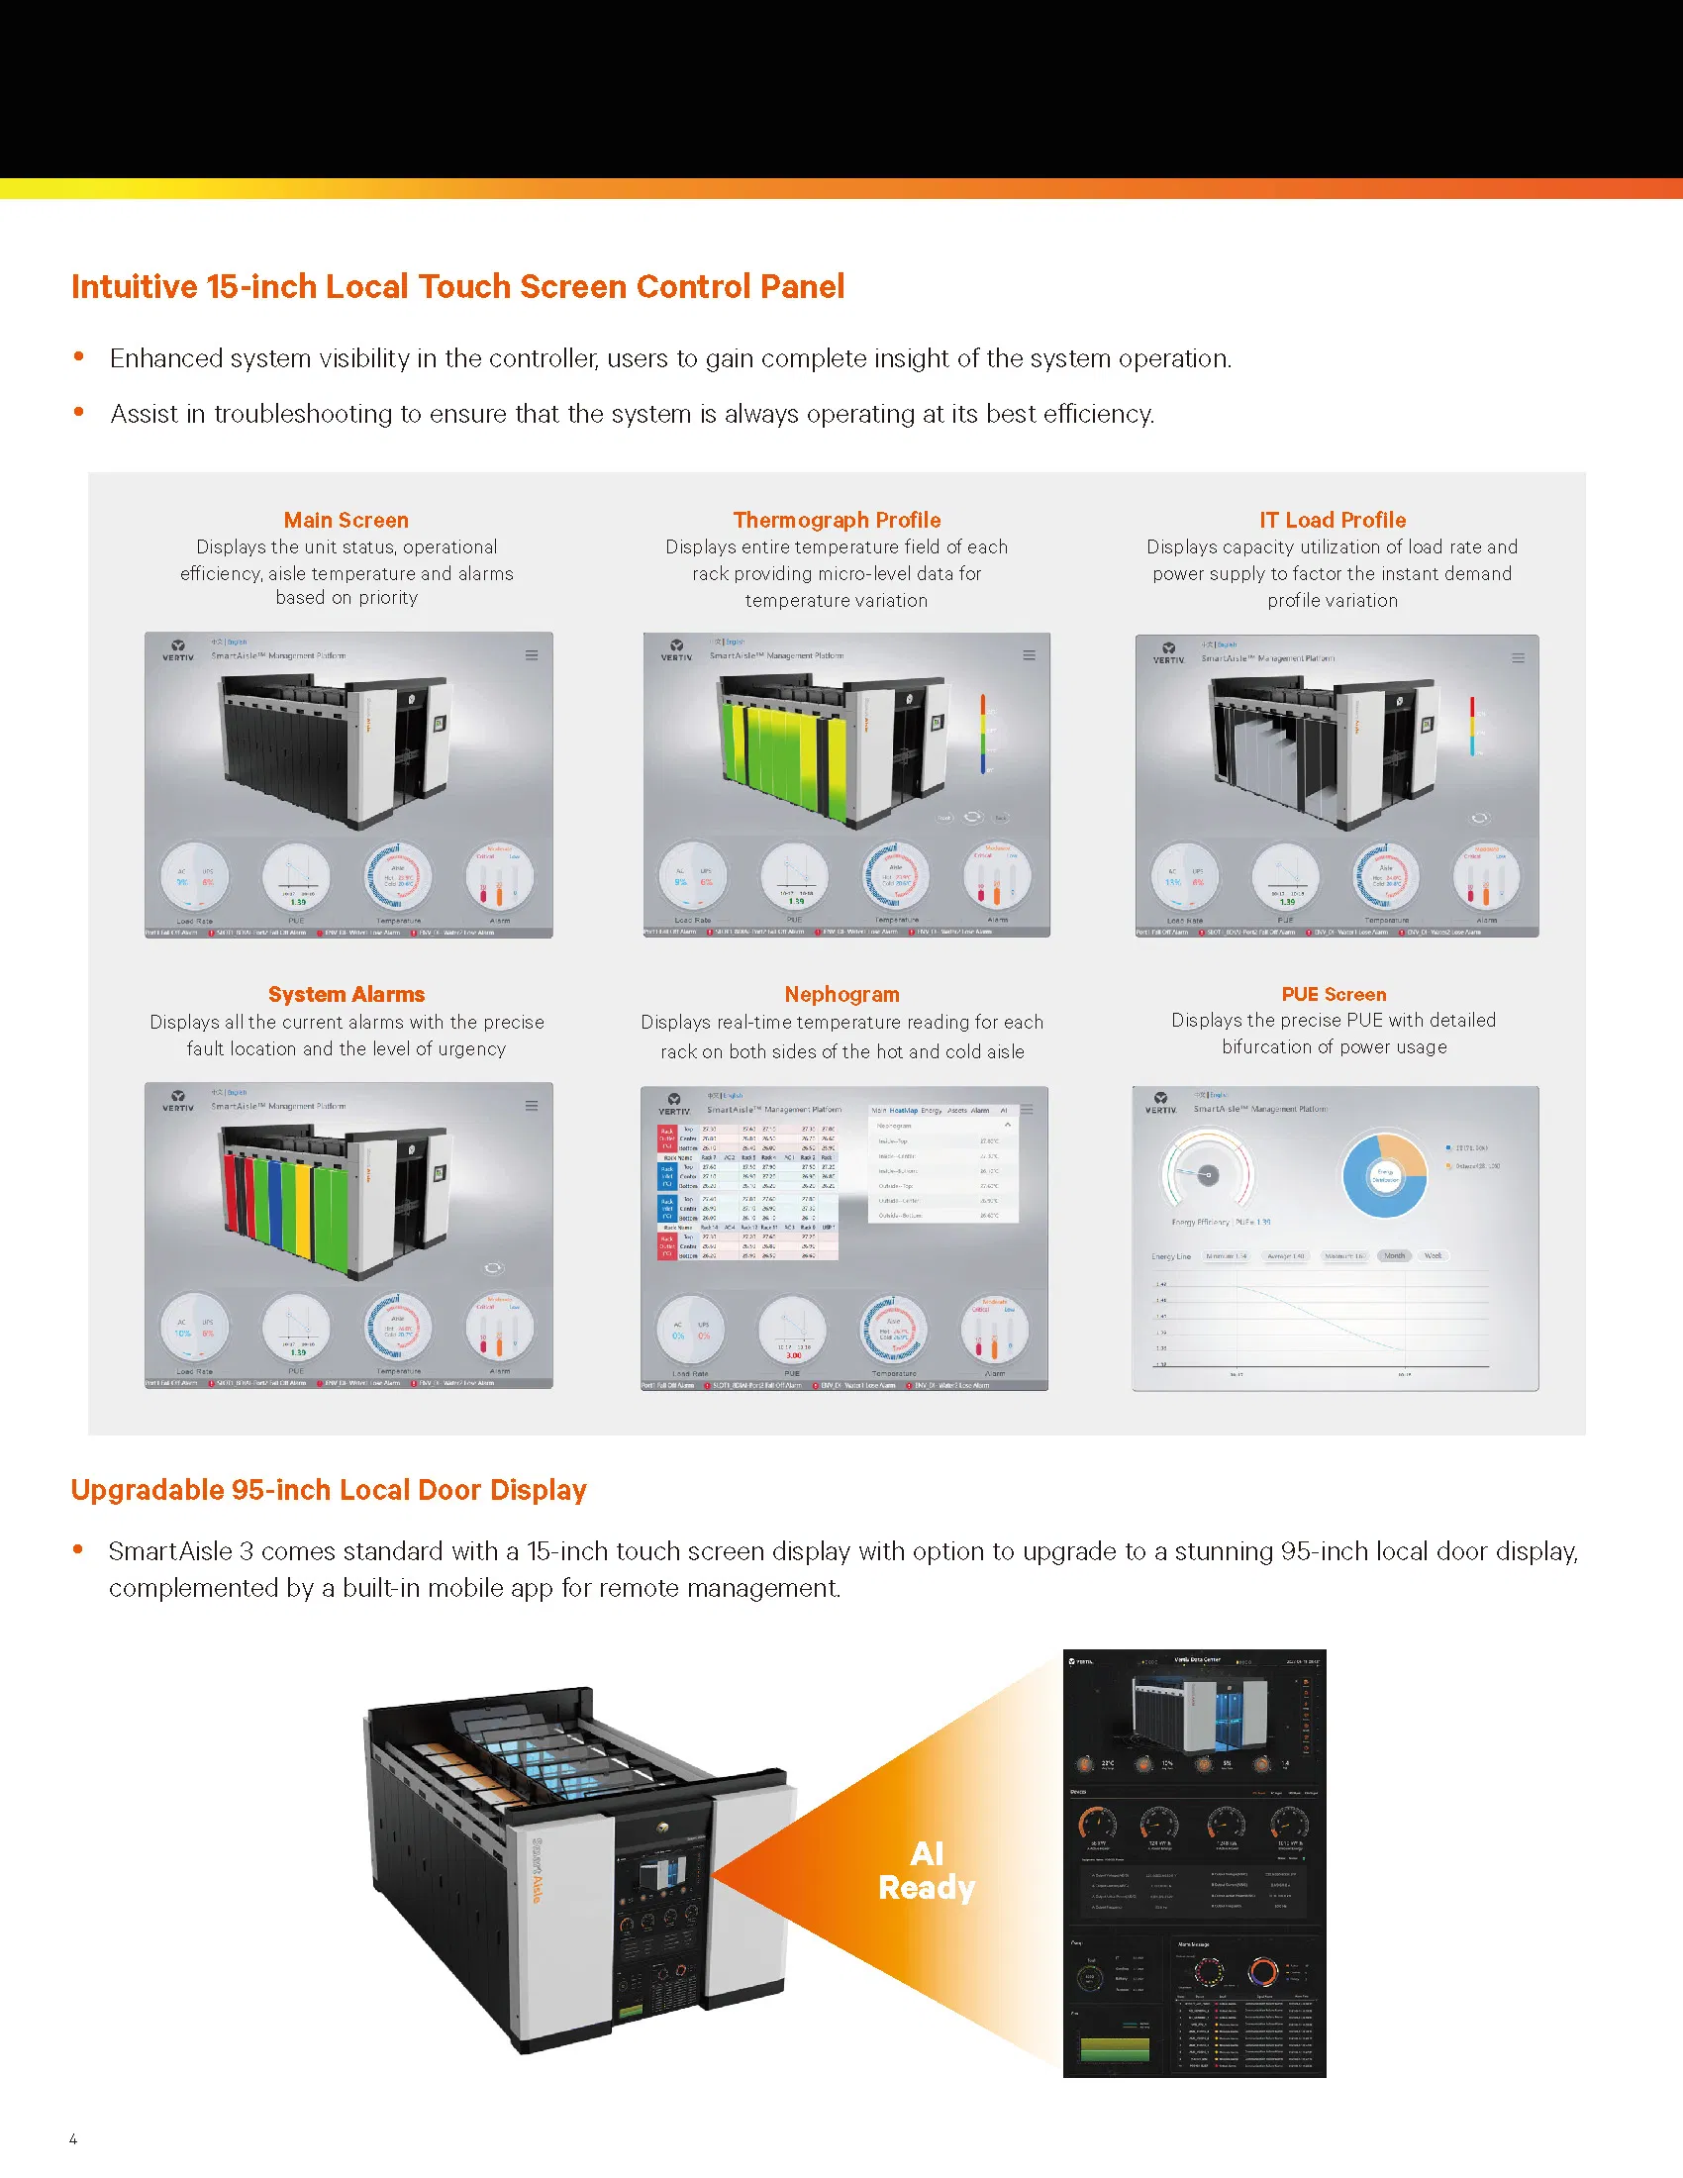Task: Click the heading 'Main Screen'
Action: [x=346, y=520]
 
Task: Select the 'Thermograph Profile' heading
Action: [x=837, y=520]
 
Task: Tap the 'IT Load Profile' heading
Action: [x=1332, y=520]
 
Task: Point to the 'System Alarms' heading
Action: [x=346, y=994]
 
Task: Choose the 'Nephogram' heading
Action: [x=841, y=994]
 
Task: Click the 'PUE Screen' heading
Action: [x=1334, y=994]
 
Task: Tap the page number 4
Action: [x=73, y=2138]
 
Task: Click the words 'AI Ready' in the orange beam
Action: [x=927, y=1871]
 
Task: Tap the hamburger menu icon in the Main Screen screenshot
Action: [x=532, y=655]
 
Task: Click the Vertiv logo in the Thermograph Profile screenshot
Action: [x=676, y=650]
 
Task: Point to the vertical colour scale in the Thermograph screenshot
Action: [x=983, y=735]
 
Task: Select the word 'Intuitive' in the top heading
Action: [x=135, y=287]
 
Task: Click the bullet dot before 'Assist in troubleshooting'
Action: [x=79, y=412]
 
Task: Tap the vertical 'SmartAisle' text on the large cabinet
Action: [x=536, y=1871]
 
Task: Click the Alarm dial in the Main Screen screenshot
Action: [x=499, y=877]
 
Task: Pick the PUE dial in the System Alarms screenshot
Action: [x=296, y=1329]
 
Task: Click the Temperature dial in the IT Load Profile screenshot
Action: [x=1386, y=877]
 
